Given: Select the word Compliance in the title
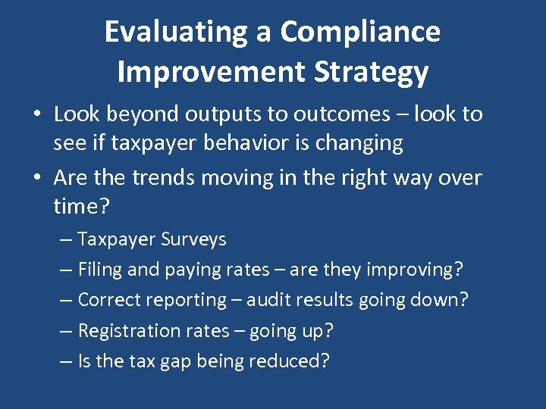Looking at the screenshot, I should pos(359,32).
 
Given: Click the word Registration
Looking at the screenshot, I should pos(126,330).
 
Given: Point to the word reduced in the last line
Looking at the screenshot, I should pos(291,361).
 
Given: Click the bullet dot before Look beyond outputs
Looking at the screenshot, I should pos(36,115).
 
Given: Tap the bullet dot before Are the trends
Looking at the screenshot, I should pos(36,179).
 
